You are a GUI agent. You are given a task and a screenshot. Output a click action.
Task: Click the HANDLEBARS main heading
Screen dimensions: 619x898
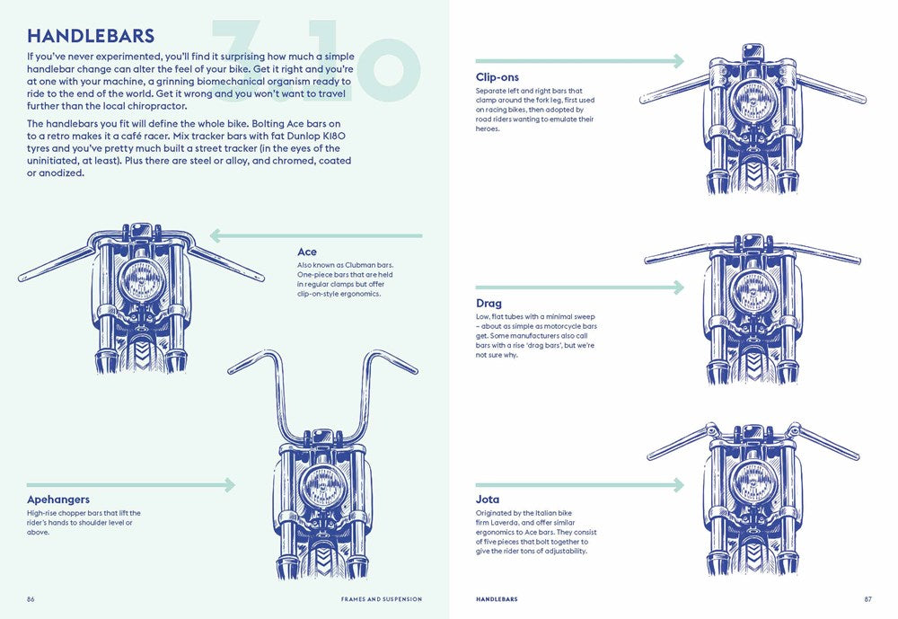click(x=91, y=37)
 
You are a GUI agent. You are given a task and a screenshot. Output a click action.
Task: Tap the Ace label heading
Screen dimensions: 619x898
click(x=307, y=252)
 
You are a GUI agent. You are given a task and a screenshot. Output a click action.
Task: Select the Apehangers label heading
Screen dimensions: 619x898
click(x=58, y=500)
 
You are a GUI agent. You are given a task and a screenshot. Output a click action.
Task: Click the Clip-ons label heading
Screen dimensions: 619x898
click(x=497, y=77)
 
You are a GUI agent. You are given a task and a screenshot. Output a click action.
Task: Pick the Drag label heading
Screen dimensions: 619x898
click(x=489, y=304)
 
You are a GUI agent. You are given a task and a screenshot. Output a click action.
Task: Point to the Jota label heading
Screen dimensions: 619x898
click(x=488, y=500)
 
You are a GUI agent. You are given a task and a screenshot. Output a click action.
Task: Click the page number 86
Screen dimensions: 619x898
click(x=31, y=599)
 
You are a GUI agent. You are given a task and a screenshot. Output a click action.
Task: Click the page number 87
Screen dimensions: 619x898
click(x=867, y=599)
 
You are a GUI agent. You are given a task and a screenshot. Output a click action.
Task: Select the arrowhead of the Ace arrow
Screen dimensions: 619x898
click(x=216, y=236)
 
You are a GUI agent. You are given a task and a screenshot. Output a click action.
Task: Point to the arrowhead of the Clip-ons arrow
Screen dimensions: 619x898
click(x=677, y=61)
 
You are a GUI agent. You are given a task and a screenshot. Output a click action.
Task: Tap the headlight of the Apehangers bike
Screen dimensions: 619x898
click(x=321, y=488)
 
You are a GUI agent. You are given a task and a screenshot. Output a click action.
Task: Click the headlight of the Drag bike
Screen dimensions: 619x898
click(x=753, y=291)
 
